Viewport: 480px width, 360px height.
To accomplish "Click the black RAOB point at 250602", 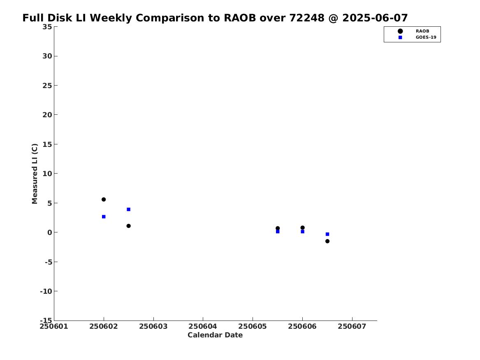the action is pyautogui.click(x=104, y=200).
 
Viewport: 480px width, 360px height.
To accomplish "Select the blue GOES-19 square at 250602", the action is pyautogui.click(x=104, y=217).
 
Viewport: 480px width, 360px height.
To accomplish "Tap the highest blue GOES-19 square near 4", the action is pyautogui.click(x=129, y=209).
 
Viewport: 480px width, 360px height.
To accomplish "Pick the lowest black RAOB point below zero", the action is pyautogui.click(x=327, y=241).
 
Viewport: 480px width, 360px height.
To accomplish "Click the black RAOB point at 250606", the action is pyautogui.click(x=302, y=228).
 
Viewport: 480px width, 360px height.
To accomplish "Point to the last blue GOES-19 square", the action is pyautogui.click(x=327, y=234).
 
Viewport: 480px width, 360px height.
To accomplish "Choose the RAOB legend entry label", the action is pyautogui.click(x=422, y=31).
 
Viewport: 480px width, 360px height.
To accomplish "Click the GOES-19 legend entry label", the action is pyautogui.click(x=426, y=37).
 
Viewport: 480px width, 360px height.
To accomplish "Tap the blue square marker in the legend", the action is pyautogui.click(x=400, y=37).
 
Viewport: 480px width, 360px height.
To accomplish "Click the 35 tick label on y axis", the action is pyautogui.click(x=47, y=27).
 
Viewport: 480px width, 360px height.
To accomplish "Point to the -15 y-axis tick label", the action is pyautogui.click(x=46, y=321).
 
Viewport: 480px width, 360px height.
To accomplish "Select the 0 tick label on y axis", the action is pyautogui.click(x=50, y=232).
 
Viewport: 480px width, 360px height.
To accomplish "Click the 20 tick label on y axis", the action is pyautogui.click(x=47, y=115).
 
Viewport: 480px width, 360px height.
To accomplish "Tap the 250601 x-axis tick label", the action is pyautogui.click(x=54, y=326).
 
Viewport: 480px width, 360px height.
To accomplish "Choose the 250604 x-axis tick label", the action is pyautogui.click(x=203, y=326).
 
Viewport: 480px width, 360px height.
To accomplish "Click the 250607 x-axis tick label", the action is pyautogui.click(x=352, y=326).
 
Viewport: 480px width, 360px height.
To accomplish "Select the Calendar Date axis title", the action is pyautogui.click(x=215, y=335).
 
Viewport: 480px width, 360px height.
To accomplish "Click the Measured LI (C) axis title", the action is pyautogui.click(x=35, y=174).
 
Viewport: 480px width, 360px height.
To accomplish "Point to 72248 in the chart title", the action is pyautogui.click(x=307, y=18).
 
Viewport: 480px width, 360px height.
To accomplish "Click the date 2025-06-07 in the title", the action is pyautogui.click(x=375, y=18).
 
